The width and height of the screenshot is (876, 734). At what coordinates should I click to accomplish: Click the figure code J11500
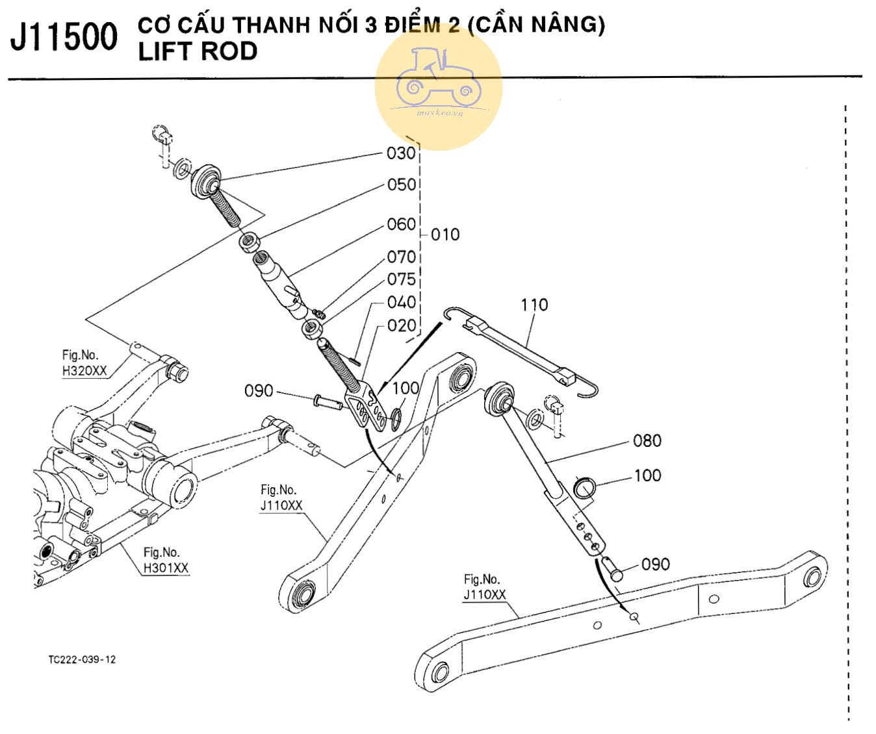[64, 36]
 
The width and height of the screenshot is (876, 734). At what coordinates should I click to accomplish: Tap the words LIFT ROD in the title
[198, 51]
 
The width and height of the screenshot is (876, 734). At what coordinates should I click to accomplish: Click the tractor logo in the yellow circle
[438, 78]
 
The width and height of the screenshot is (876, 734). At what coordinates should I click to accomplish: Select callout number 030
[400, 153]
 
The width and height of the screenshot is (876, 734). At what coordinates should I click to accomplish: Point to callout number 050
[401, 185]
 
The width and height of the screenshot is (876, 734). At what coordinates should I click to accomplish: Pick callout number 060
[401, 225]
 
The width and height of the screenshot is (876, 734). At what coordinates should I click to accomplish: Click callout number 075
[401, 279]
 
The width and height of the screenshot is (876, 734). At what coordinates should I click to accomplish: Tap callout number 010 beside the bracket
[445, 234]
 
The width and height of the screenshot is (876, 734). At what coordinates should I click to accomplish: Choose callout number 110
[534, 305]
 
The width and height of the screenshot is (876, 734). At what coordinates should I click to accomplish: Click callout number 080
[647, 441]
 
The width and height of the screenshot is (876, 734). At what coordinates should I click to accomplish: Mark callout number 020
[401, 325]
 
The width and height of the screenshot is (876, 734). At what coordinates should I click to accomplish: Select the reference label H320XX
[84, 372]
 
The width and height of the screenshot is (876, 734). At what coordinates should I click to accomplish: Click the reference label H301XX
[166, 568]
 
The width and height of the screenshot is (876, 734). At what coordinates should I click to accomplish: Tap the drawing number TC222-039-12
[82, 659]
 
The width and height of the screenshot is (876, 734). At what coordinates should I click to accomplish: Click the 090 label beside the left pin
[258, 391]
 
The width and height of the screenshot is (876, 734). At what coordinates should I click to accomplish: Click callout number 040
[401, 303]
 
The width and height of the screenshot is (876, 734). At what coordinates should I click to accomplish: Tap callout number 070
[401, 257]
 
